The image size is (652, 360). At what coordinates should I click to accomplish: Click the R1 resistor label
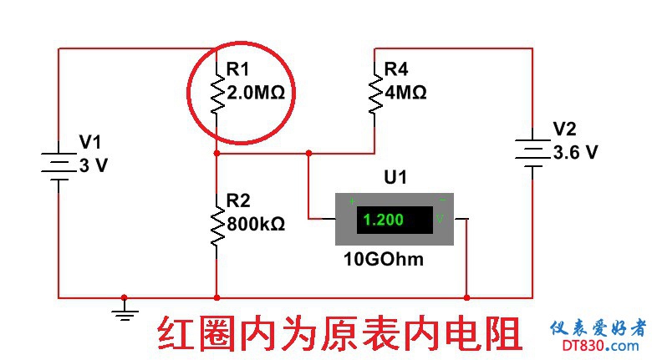[x=239, y=69]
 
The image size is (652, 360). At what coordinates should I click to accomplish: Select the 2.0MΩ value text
[x=256, y=93]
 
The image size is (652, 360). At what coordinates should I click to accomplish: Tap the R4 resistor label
[x=398, y=69]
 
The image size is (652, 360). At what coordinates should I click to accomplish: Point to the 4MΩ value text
[x=405, y=92]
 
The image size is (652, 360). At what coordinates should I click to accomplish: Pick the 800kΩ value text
[x=256, y=224]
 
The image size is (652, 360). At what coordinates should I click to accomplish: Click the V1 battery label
[x=89, y=141]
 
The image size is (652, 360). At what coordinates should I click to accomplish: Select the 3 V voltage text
[x=93, y=165]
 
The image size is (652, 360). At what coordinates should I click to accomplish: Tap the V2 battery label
[x=565, y=129]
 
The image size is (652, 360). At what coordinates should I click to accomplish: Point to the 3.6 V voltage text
[x=576, y=152]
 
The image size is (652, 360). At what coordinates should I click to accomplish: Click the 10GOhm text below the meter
[x=384, y=259]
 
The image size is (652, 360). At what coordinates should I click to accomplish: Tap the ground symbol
[x=125, y=312]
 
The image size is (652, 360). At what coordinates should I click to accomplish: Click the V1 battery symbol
[x=59, y=165]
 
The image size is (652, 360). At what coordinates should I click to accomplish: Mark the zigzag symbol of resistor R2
[x=216, y=226]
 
